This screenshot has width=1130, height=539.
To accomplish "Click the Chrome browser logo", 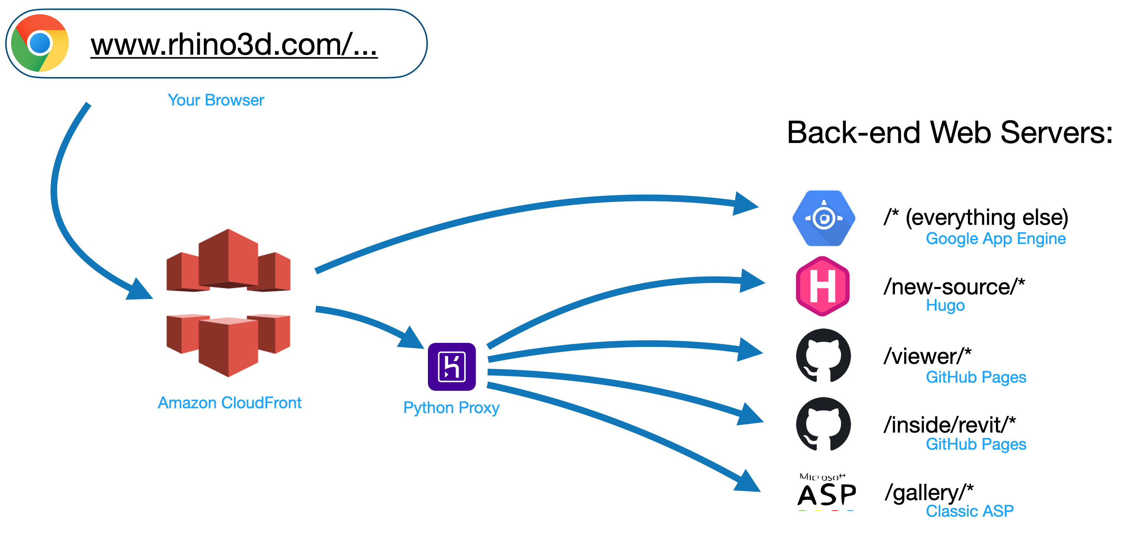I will [x=39, y=43].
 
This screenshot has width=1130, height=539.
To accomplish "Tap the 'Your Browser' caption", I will [x=216, y=100].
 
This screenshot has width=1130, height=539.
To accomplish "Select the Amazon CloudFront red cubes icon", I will [x=228, y=302].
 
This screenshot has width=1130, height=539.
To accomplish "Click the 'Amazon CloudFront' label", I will [x=229, y=403].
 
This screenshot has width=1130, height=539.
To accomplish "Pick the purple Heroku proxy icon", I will [x=451, y=366].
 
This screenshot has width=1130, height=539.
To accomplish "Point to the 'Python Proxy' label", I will [x=451, y=408].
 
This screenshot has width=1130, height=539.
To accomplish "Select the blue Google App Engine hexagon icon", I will [x=823, y=218].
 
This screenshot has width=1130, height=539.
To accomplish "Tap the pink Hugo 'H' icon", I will [x=823, y=286].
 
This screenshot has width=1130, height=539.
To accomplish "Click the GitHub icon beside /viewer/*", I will [x=823, y=355].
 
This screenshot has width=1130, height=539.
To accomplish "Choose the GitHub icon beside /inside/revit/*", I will [x=823, y=424].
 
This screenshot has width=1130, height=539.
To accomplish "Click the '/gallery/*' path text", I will [x=929, y=492].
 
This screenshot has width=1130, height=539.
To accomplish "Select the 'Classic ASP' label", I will [x=969, y=511].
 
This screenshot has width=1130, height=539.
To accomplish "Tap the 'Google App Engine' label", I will [x=995, y=239].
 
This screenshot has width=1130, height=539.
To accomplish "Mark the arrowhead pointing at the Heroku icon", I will [x=411, y=339].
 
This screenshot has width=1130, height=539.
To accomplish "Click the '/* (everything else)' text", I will [x=976, y=217].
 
